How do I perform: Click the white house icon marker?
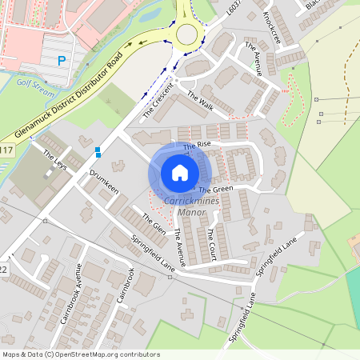point(180,173)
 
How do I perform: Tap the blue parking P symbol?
point(62,61)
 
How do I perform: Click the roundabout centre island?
point(187,34)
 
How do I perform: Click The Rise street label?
point(197,146)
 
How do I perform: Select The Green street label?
point(215,190)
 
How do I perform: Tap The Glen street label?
point(154,222)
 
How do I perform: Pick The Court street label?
point(211,240)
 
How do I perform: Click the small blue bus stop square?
point(98,150)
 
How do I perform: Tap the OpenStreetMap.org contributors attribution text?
point(104,354)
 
